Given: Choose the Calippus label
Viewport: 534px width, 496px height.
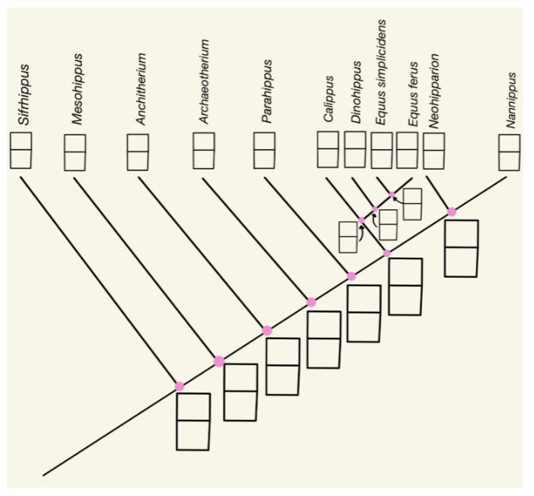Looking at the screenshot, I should click(329, 100).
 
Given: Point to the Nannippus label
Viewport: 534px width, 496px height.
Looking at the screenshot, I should click(512, 100).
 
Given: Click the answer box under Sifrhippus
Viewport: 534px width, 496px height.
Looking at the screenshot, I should click(21, 150).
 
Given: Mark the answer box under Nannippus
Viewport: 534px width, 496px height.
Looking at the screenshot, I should click(510, 152).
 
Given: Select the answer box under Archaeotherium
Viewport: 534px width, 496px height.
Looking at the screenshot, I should click(204, 150).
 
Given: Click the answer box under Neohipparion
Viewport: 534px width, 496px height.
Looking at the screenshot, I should click(434, 150).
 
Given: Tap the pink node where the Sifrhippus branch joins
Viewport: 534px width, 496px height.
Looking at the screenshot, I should click(180, 386).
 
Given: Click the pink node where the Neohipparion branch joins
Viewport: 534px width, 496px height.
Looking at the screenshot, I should click(452, 211).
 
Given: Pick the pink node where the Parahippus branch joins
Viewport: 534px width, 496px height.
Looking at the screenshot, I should click(351, 276).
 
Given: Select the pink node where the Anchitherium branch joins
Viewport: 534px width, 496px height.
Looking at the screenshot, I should click(267, 330).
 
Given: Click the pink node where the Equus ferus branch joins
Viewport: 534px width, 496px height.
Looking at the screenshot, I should click(393, 195).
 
